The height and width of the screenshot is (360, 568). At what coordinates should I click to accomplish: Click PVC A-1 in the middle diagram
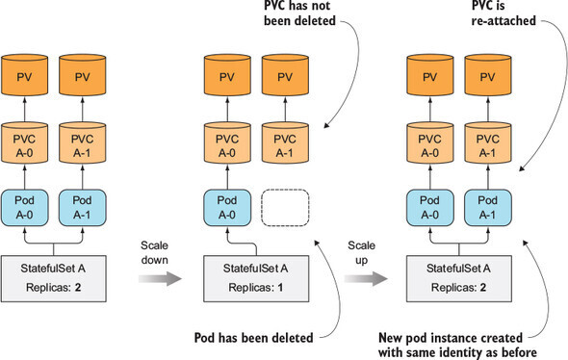(286, 143)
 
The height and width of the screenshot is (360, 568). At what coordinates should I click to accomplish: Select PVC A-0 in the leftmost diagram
(30, 143)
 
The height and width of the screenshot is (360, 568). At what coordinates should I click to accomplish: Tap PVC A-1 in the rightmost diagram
(486, 143)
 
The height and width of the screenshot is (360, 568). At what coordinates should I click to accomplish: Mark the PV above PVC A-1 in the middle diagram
(286, 74)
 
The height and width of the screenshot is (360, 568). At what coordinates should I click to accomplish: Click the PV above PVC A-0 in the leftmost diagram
(30, 74)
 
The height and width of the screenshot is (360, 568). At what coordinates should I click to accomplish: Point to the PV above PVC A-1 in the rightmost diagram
(486, 74)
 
